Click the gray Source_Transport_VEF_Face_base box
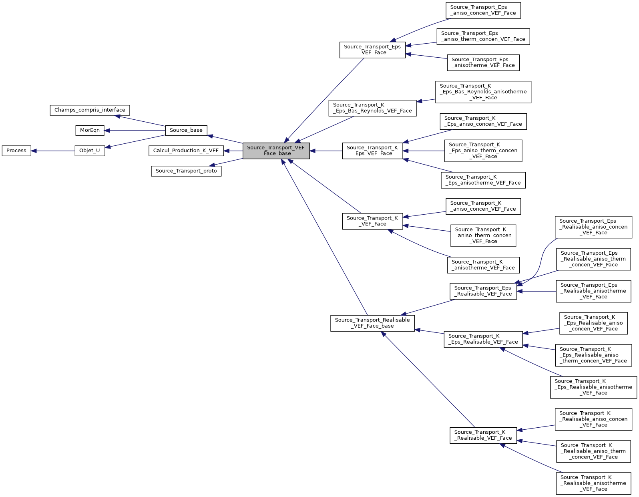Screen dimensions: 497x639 pyautogui.click(x=276, y=151)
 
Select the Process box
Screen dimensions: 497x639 pyautogui.click(x=16, y=151)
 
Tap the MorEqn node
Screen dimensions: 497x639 pyautogui.click(x=90, y=131)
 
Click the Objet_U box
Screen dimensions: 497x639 pyautogui.click(x=90, y=151)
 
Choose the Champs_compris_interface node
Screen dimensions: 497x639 pyautogui.click(x=90, y=110)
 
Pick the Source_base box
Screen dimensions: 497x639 pyautogui.click(x=186, y=131)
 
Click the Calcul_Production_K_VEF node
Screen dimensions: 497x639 pyautogui.click(x=186, y=151)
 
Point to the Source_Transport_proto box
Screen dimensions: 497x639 pyautogui.click(x=186, y=171)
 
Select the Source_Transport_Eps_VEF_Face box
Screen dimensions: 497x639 pyautogui.click(x=372, y=50)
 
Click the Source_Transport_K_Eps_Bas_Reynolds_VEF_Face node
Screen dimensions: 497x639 pyautogui.click(x=372, y=108)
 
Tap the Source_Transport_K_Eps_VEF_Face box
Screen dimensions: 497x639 pyautogui.click(x=372, y=151)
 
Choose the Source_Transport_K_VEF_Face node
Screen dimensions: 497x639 pyautogui.click(x=372, y=221)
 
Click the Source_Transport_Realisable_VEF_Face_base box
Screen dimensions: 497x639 pyautogui.click(x=372, y=323)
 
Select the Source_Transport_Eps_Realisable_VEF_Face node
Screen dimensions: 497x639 pyautogui.click(x=483, y=291)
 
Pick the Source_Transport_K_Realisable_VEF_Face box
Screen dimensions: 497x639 pyautogui.click(x=483, y=435)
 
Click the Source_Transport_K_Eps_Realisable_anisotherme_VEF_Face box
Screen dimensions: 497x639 pyautogui.click(x=593, y=387)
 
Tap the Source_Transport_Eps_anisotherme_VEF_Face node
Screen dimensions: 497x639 pyautogui.click(x=483, y=63)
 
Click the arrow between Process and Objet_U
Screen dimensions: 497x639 pyautogui.click(x=53, y=151)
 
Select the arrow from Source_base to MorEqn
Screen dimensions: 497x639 pyautogui.click(x=135, y=131)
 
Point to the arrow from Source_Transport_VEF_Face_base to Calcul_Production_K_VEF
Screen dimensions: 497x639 pyautogui.click(x=233, y=151)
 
